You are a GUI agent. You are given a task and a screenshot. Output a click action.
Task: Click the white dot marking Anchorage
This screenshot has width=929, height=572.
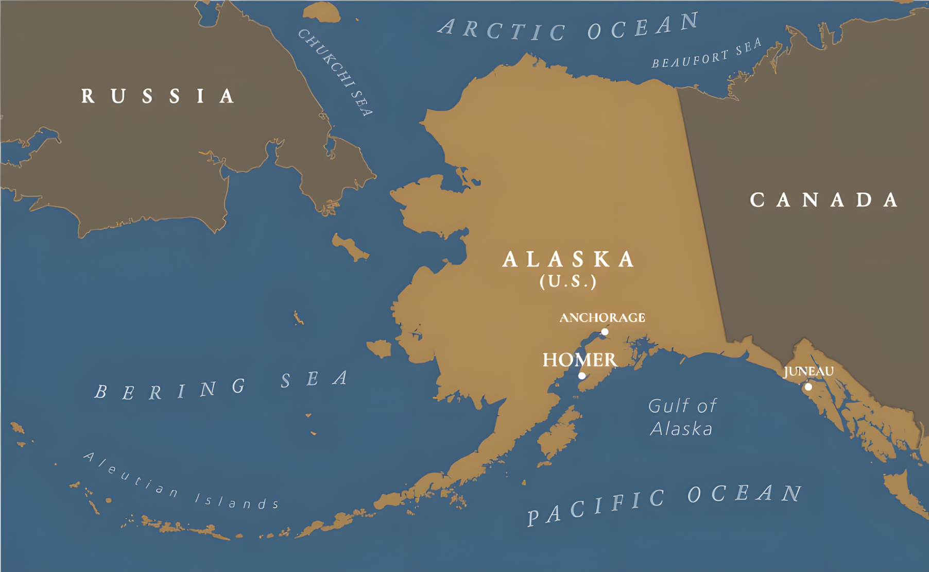605,332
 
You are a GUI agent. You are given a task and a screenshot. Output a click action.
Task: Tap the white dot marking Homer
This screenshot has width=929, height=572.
582,376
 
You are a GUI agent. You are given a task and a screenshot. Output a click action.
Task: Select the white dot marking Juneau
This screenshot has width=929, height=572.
808,386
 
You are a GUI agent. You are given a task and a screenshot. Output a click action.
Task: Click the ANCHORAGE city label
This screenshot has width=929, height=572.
602,317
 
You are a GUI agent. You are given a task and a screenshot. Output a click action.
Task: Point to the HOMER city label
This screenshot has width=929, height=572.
579,360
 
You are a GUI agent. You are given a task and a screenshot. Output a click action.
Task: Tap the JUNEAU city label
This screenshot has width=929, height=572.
808,372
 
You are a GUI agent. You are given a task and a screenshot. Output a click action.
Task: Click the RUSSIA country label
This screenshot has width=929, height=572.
158,96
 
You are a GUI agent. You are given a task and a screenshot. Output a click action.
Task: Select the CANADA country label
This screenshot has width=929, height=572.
823,200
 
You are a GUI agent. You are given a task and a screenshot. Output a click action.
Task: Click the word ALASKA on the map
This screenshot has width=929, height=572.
569,259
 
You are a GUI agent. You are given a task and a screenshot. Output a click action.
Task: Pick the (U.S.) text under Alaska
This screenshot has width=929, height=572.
568,281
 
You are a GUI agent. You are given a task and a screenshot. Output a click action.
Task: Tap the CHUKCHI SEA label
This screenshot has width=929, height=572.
335,72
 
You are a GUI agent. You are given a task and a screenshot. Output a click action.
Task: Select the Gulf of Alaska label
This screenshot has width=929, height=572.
682,417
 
